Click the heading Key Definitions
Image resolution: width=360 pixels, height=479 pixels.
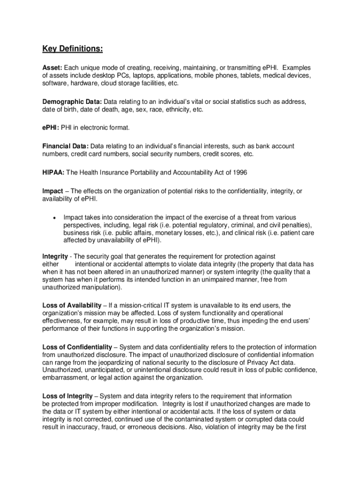pyautogui.click(x=72, y=49)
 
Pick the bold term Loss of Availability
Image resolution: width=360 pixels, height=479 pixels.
pyautogui.click(x=72, y=305)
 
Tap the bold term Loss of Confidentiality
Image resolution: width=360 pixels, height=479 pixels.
pyautogui.click(x=77, y=347)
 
